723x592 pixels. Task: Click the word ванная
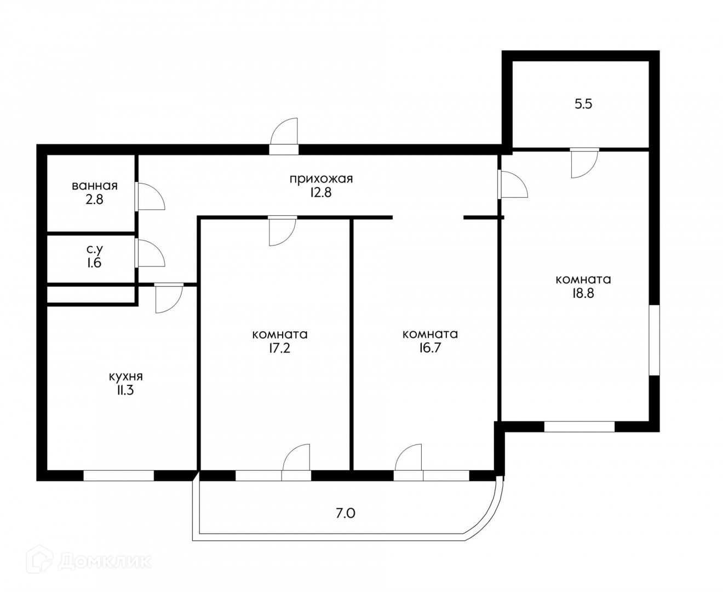point(95,186)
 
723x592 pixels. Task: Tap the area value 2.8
point(94,200)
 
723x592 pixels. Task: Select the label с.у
point(95,249)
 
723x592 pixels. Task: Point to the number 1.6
point(94,263)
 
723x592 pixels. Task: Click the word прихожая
point(321,179)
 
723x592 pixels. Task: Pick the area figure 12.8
point(321,193)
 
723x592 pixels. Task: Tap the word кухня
point(126,377)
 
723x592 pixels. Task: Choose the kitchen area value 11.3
point(125,390)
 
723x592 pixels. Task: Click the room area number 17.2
point(280,348)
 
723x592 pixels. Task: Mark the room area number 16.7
point(430,348)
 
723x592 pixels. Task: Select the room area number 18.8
point(583,294)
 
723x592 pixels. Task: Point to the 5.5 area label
point(583,104)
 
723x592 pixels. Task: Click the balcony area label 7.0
point(346,514)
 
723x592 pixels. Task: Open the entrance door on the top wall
point(284,136)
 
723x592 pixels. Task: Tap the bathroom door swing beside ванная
point(150,196)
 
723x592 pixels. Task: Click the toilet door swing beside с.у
point(150,253)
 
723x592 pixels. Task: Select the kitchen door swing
point(169,298)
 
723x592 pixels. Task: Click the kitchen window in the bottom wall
point(119,476)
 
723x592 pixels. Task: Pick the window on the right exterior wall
point(655,340)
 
